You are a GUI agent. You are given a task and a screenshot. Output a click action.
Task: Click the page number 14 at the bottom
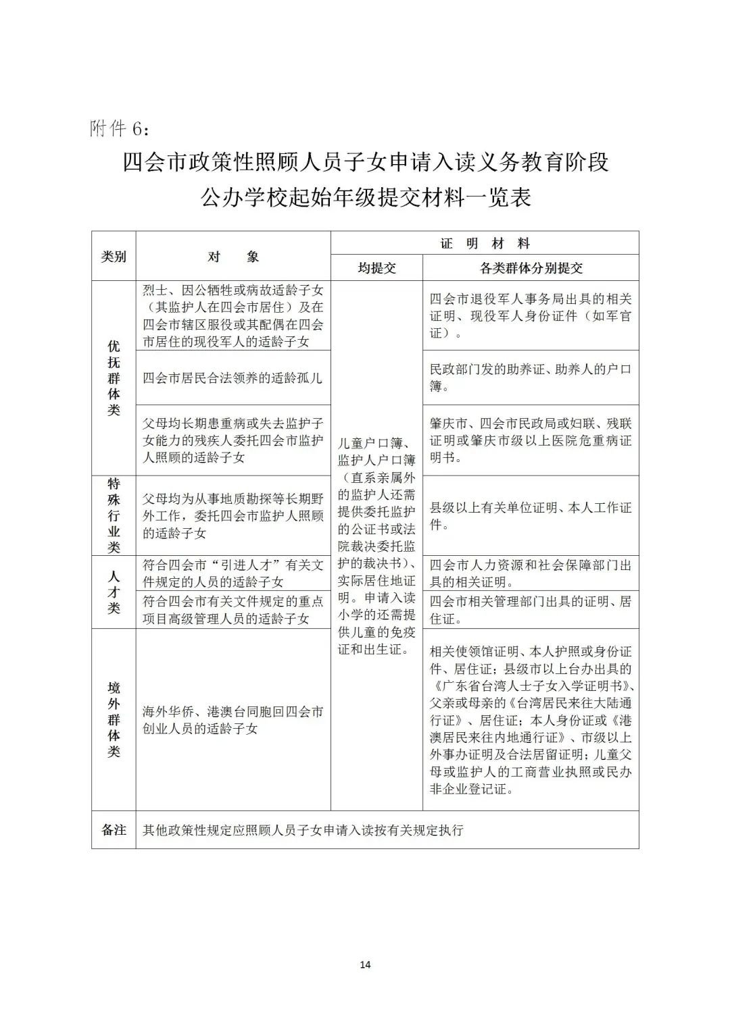click(365, 964)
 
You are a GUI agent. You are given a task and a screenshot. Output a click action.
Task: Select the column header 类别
click(114, 257)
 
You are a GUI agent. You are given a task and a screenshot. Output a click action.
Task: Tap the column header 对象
click(233, 257)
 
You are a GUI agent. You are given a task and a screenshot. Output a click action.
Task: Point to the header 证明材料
click(485, 243)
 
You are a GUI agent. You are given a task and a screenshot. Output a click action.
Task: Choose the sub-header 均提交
click(376, 268)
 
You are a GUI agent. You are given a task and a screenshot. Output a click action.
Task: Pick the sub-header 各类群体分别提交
click(531, 268)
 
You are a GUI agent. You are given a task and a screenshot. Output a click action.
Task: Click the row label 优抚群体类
click(114, 378)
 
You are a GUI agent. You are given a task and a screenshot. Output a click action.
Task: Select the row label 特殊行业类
click(114, 515)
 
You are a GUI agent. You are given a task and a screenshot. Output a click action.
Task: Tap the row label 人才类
click(114, 592)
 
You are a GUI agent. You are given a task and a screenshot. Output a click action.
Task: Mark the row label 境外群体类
click(114, 719)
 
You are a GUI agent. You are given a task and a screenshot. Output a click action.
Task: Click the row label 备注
click(114, 830)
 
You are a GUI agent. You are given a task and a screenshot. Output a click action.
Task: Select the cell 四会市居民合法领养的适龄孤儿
click(233, 378)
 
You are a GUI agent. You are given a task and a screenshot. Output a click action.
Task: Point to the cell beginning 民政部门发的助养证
click(531, 378)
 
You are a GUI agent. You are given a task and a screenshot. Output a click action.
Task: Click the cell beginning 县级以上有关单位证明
click(531, 515)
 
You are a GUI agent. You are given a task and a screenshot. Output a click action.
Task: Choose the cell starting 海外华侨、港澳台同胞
click(233, 720)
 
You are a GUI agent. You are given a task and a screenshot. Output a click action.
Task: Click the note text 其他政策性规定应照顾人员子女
click(303, 830)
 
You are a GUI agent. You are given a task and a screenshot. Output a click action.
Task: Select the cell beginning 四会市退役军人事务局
click(531, 315)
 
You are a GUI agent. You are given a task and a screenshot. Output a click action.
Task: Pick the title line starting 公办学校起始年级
click(365, 197)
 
